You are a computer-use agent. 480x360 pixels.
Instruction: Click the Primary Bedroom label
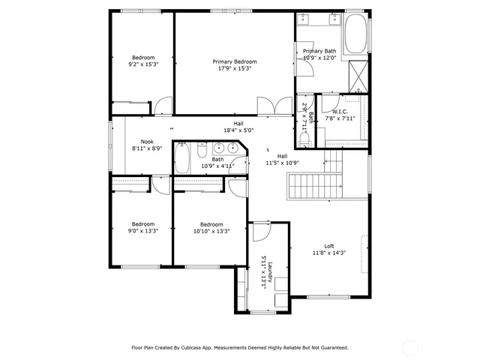pyautogui.click(x=235, y=61)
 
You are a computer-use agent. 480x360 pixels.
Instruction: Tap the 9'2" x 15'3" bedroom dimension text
pyautogui.click(x=143, y=64)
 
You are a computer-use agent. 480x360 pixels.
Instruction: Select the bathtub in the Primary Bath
pyautogui.click(x=355, y=34)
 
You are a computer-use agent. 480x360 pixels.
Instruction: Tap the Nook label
pyautogui.click(x=147, y=141)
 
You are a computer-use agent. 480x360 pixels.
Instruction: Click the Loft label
pyautogui.click(x=328, y=246)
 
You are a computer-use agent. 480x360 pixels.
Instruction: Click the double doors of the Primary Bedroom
pyautogui.click(x=274, y=106)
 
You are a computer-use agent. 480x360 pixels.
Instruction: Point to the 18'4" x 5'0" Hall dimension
pyautogui.click(x=238, y=130)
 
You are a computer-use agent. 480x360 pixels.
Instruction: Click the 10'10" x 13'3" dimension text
pyautogui.click(x=211, y=231)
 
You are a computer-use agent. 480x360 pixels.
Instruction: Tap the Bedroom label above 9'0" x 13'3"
pyautogui.click(x=143, y=223)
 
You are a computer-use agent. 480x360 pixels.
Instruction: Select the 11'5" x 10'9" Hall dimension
pyautogui.click(x=282, y=163)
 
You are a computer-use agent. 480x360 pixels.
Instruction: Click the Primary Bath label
pyautogui.click(x=319, y=51)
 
